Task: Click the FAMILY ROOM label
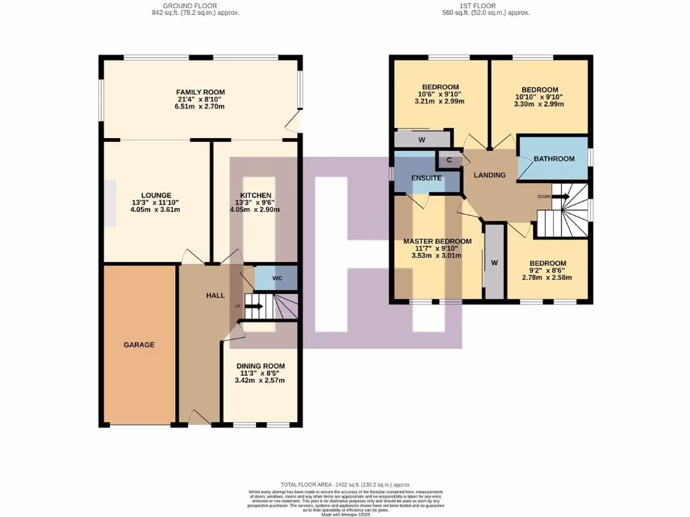200,92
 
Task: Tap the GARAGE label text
139,345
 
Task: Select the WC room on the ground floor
277,278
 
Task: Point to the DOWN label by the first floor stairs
544,197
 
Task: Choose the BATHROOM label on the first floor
554,159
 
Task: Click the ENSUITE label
427,178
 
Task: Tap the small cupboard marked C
449,160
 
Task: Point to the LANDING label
490,175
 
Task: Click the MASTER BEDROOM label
437,241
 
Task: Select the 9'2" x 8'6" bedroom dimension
547,271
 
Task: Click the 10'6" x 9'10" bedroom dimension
441,94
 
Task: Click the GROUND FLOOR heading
195,5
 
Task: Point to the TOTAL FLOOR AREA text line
345,485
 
